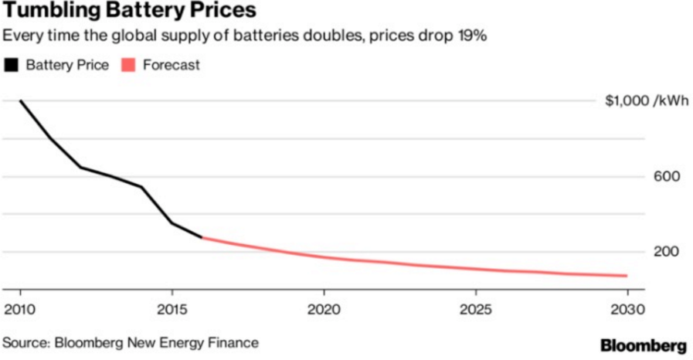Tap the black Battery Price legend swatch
(x=12, y=65)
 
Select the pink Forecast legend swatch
(x=129, y=65)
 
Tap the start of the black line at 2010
(x=20, y=101)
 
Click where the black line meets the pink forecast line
(x=202, y=237)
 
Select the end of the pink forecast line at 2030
(x=627, y=276)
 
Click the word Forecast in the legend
(x=171, y=65)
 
